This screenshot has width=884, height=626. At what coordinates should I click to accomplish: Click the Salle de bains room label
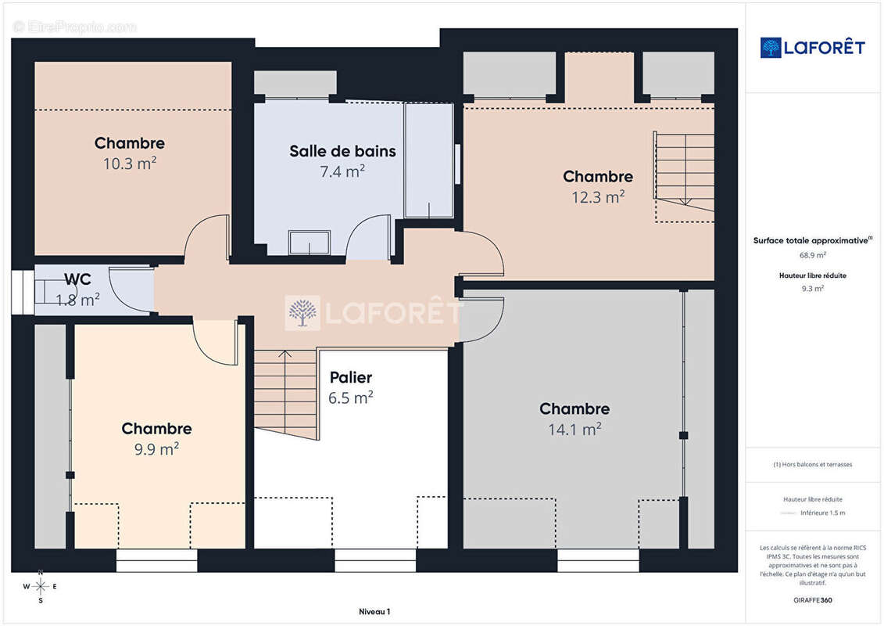pyautogui.click(x=342, y=151)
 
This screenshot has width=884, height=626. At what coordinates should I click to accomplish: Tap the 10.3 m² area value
pyautogui.click(x=130, y=163)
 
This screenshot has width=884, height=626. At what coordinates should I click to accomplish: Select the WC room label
pyautogui.click(x=78, y=279)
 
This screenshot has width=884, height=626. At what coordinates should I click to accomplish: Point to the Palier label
pyautogui.click(x=351, y=377)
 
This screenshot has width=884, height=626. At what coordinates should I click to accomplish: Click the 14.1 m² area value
pyautogui.click(x=574, y=429)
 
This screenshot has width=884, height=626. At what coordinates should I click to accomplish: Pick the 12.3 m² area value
pyautogui.click(x=598, y=197)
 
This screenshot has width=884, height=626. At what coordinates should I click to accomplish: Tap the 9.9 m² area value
pyautogui.click(x=157, y=448)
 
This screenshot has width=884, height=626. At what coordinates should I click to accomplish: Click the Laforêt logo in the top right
pyautogui.click(x=812, y=48)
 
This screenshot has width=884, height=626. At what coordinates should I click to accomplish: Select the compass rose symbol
pyautogui.click(x=40, y=587)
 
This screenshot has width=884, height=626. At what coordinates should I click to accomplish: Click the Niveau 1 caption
pyautogui.click(x=374, y=611)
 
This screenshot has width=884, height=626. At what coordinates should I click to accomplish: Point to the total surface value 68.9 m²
pyautogui.click(x=812, y=255)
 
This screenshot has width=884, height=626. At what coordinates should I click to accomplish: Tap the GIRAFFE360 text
pyautogui.click(x=812, y=600)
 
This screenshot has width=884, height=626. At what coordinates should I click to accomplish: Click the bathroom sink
pyautogui.click(x=309, y=242)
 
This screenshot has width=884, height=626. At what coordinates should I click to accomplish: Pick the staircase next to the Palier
pyautogui.click(x=286, y=394)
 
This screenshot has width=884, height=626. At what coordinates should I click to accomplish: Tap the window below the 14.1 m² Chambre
pyautogui.click(x=598, y=560)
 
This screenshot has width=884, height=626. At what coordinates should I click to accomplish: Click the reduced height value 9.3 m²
pyautogui.click(x=812, y=289)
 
